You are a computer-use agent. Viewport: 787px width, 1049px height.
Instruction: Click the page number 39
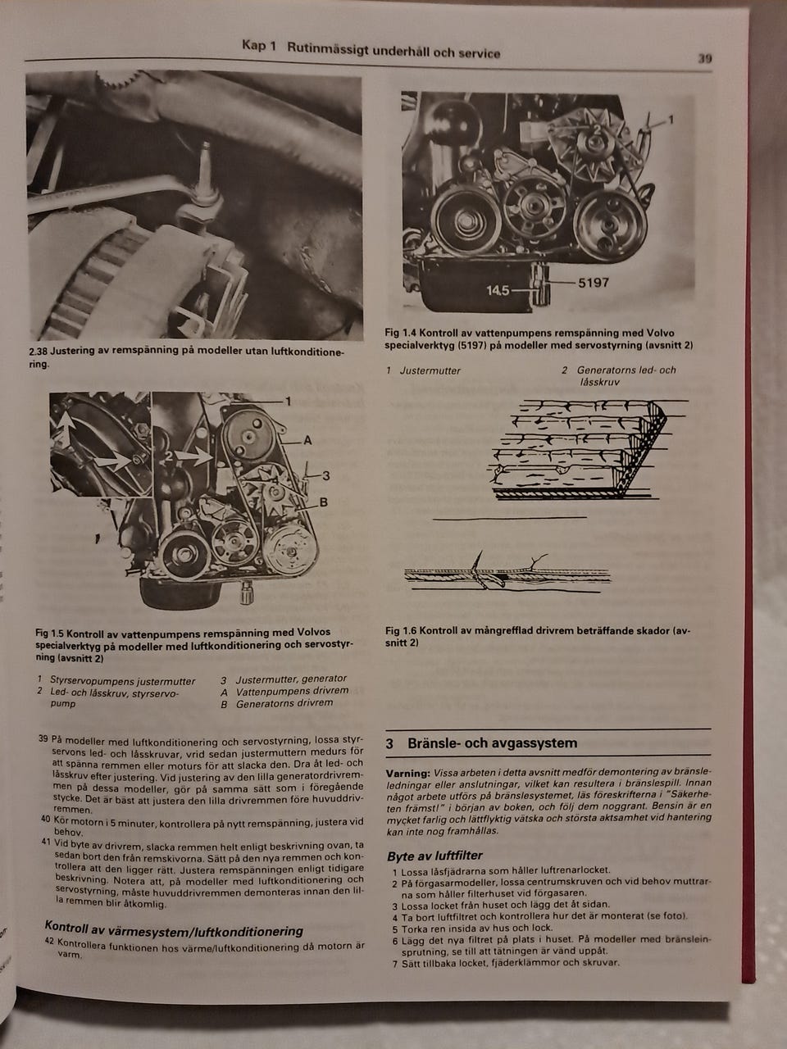[x=705, y=59]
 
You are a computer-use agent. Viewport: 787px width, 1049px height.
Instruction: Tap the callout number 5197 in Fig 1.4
[x=594, y=283]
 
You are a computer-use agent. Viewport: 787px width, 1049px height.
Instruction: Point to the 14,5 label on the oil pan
[x=498, y=290]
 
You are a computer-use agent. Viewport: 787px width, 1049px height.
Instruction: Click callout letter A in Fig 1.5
[x=307, y=440]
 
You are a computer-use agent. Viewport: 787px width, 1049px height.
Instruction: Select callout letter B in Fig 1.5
[x=323, y=502]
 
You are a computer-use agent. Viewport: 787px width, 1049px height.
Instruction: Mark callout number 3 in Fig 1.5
[x=326, y=475]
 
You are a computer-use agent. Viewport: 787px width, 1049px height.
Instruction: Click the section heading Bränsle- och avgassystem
[x=492, y=743]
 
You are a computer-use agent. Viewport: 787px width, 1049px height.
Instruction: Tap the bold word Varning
[x=407, y=773]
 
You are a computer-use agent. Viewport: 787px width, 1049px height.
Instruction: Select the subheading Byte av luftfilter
[x=434, y=856]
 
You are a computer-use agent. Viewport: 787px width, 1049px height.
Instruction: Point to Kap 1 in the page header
[x=259, y=45]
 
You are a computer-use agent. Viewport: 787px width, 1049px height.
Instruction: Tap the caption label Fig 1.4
[x=399, y=333]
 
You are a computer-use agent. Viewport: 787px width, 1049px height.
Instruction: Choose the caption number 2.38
[x=38, y=352]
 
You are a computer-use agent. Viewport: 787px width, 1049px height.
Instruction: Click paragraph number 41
[x=46, y=842]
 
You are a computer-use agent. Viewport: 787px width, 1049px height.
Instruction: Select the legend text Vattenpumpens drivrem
[x=292, y=691]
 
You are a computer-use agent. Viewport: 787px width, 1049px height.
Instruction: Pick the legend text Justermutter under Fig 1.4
[x=430, y=370]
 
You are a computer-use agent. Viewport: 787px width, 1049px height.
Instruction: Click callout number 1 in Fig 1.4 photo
[x=671, y=120]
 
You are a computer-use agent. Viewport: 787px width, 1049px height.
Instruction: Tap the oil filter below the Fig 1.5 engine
[x=246, y=592]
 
